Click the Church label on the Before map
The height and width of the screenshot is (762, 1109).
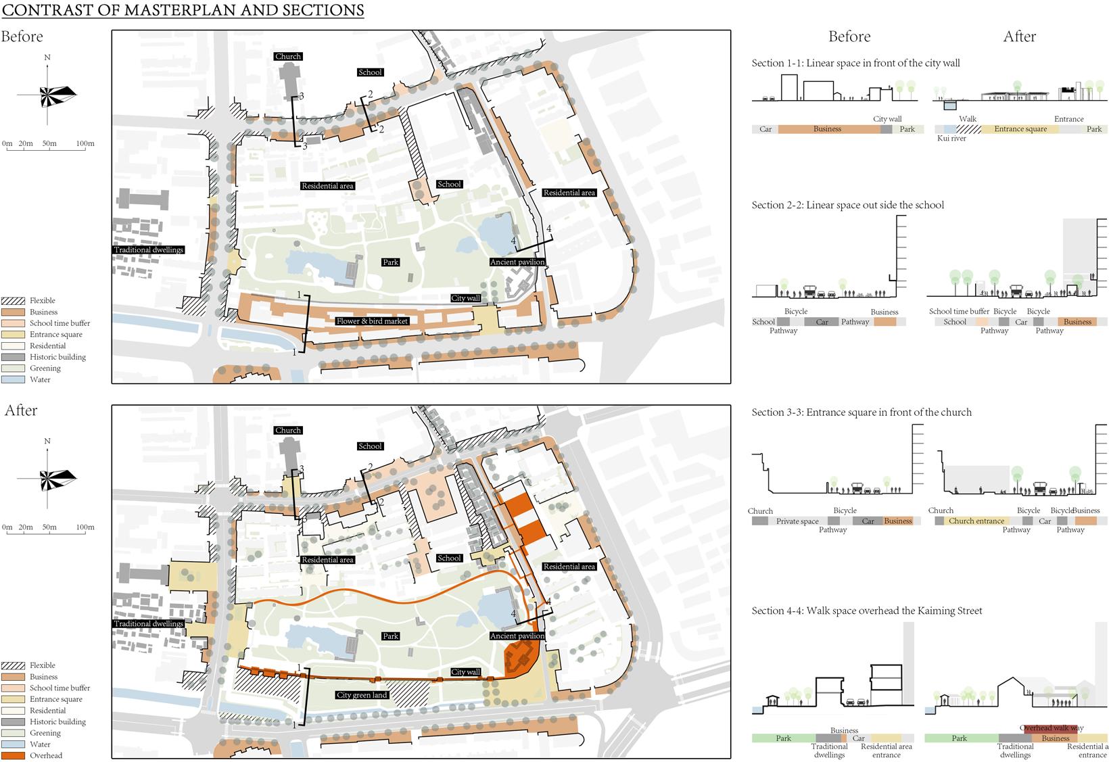pos(288,57)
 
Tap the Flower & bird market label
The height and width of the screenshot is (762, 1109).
pos(372,321)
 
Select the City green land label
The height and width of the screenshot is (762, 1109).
pos(362,695)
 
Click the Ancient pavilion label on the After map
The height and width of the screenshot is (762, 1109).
pos(517,636)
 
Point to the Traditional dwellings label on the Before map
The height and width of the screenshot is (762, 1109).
pos(149,250)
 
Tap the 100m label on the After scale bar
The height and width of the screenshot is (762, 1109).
pos(85,527)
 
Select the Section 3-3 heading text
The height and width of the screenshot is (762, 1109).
pos(862,412)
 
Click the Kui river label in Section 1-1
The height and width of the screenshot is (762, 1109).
pos(951,139)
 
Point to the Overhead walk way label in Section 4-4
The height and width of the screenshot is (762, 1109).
pos(1052,728)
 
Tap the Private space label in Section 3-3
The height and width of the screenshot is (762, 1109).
pos(797,521)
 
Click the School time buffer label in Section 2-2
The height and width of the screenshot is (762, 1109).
pos(959,312)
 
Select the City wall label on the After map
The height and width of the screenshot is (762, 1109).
pos(465,672)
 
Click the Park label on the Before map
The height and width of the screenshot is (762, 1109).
pos(390,262)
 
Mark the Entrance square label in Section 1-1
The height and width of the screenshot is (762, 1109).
pos(1020,129)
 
